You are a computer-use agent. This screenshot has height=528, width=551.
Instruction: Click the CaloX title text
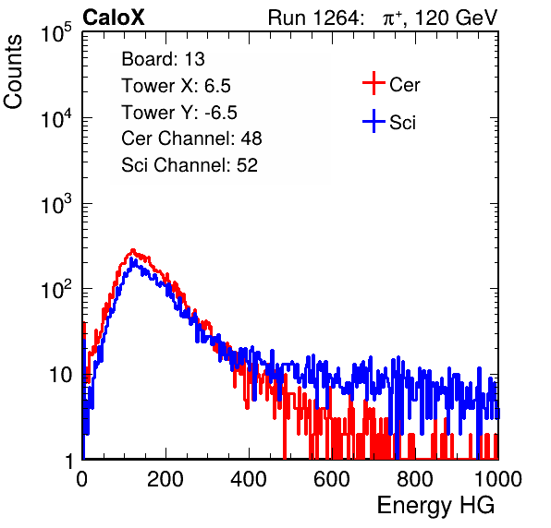coord(114,18)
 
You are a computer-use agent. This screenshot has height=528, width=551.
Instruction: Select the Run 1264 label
coord(313,18)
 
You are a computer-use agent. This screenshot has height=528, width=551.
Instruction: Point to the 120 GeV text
coord(457,18)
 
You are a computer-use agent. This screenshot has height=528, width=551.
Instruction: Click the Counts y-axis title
coord(13,72)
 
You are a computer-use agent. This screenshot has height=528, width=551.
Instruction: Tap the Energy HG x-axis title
coord(435,506)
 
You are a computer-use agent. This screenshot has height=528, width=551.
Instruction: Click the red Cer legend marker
coord(373,83)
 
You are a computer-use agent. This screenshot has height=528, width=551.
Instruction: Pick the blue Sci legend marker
coord(373,122)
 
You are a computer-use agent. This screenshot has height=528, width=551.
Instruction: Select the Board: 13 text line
coord(163,59)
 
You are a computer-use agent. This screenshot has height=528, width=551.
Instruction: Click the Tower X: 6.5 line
coord(176,86)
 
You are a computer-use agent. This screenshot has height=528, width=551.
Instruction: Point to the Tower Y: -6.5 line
coord(179,113)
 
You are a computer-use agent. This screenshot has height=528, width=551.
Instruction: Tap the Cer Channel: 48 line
coord(191,138)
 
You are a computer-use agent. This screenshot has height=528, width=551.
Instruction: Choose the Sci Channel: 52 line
coord(190,165)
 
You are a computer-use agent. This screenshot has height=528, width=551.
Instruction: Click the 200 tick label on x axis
coord(165,479)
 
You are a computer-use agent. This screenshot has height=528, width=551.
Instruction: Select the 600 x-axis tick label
coord(332,479)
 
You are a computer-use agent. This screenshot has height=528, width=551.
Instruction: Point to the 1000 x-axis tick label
coord(498,479)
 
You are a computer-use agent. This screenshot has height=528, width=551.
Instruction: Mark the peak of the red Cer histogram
coord(133,250)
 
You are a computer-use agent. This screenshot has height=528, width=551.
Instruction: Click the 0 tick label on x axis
coord(82,479)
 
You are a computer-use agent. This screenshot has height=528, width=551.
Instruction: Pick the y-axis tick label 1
coord(70,461)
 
